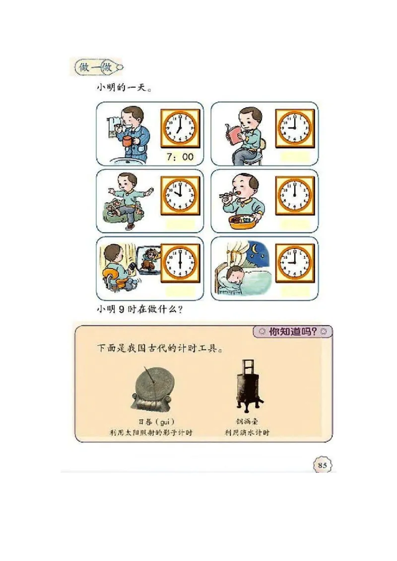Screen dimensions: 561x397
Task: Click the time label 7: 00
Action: pos(180,157)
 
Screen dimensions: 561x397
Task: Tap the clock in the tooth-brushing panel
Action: pos(180,128)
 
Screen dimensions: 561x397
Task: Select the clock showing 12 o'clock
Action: pos(295,195)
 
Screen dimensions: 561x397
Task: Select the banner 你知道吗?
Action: pos(292,332)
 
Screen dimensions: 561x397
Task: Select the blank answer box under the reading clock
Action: pos(295,157)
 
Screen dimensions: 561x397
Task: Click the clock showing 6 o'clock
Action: pos(180,263)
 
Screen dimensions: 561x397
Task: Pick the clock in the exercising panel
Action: pos(180,195)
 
